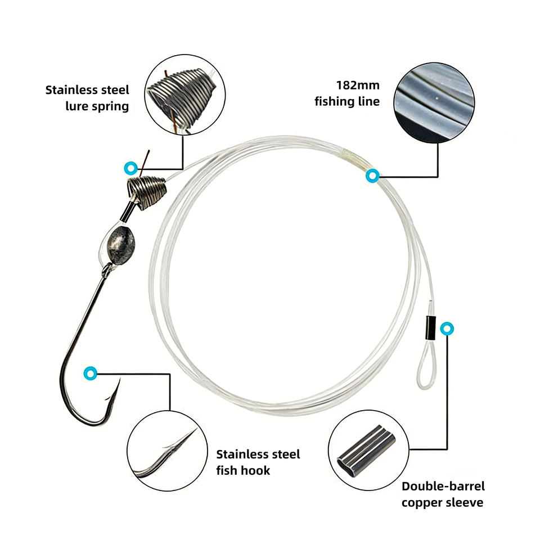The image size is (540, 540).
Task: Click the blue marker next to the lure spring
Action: point(130,167)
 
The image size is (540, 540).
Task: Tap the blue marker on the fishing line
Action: point(372,176)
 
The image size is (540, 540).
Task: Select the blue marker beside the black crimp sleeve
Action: point(447,328)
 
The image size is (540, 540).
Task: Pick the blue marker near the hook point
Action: point(89,373)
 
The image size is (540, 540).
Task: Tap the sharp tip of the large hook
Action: point(119,381)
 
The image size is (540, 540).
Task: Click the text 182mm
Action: point(358,85)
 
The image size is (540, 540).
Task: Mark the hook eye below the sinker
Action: point(106,273)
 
